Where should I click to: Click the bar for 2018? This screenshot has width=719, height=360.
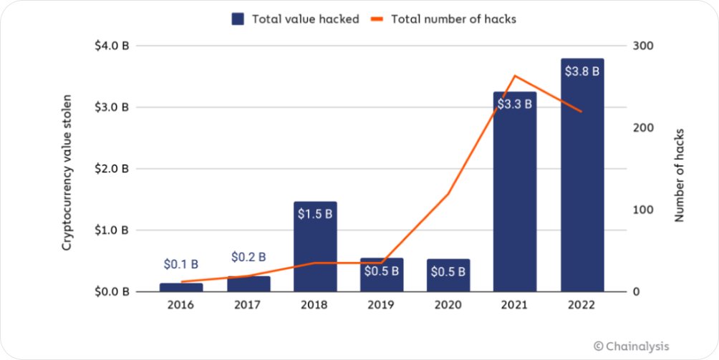click(x=314, y=247)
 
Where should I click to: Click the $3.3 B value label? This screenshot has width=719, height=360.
click(x=515, y=104)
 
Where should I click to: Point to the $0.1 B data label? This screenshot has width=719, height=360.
click(x=180, y=265)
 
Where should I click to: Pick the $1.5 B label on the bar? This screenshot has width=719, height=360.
click(x=314, y=213)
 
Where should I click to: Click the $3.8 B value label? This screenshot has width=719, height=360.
click(x=582, y=72)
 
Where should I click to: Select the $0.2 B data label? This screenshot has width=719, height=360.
click(x=248, y=257)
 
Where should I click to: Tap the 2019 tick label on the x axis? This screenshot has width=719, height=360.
click(x=381, y=305)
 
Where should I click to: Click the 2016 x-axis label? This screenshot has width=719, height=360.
click(x=180, y=305)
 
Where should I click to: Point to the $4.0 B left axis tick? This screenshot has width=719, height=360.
click(x=111, y=46)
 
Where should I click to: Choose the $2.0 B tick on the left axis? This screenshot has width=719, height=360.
click(x=111, y=169)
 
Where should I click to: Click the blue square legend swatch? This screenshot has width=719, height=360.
click(x=238, y=19)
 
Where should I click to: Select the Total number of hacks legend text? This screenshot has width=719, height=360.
click(x=453, y=19)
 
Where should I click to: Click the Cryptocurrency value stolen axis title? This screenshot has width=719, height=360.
click(x=67, y=172)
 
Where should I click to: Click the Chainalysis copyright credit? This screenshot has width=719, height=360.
click(x=632, y=346)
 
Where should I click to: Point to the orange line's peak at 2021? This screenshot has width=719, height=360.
click(x=515, y=76)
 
